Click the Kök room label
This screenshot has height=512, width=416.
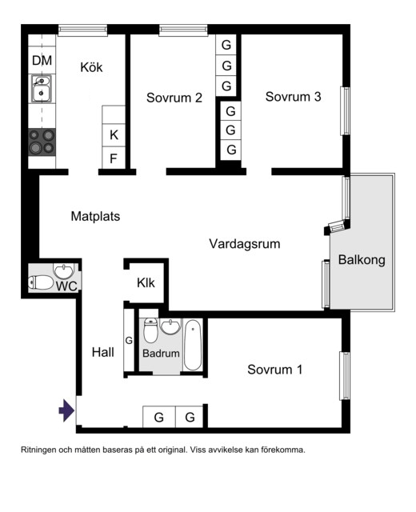[x=91, y=67]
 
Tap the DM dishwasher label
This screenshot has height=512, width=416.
[x=42, y=61]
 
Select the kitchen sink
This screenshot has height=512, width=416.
[x=42, y=90]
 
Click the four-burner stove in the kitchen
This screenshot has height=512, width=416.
[x=42, y=142]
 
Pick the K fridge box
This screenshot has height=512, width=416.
[x=114, y=134]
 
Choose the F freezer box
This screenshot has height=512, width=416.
[x=114, y=158]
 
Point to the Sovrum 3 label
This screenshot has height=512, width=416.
[x=293, y=97]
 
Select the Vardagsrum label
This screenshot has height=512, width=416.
[x=245, y=243]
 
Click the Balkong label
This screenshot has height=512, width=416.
[x=362, y=259]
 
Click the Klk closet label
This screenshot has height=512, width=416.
[x=146, y=282]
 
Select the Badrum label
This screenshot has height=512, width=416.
[x=161, y=353]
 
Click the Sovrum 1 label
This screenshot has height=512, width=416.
[x=274, y=370]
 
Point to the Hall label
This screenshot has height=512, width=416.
[x=103, y=352]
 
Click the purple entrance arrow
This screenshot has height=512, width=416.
[x=66, y=411]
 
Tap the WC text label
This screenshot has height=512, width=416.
[x=66, y=285]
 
